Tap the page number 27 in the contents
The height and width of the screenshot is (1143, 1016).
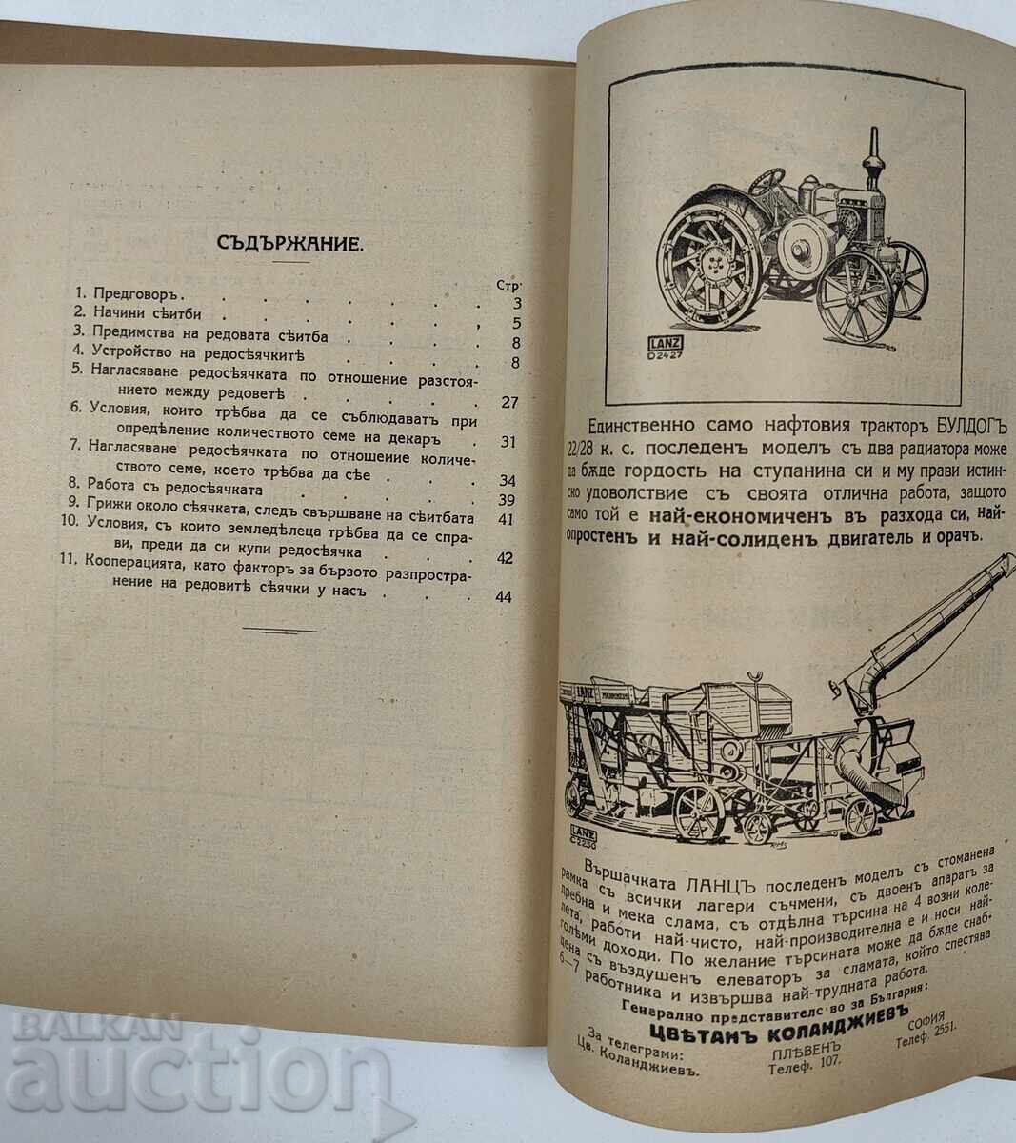508,401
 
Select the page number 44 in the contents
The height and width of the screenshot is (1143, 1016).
503,597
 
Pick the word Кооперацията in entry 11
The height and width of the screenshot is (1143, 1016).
138,559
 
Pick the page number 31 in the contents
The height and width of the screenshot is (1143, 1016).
508,442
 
